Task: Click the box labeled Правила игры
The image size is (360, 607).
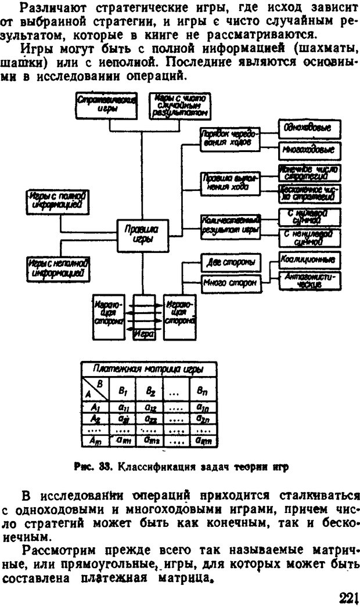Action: pos(138,236)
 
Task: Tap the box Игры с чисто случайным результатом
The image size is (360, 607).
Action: pos(179,105)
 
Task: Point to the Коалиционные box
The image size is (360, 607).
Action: pos(309,259)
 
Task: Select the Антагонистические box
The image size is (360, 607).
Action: pos(309,280)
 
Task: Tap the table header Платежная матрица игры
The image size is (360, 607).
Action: pos(148,369)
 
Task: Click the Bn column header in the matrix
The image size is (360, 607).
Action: pos(201,392)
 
